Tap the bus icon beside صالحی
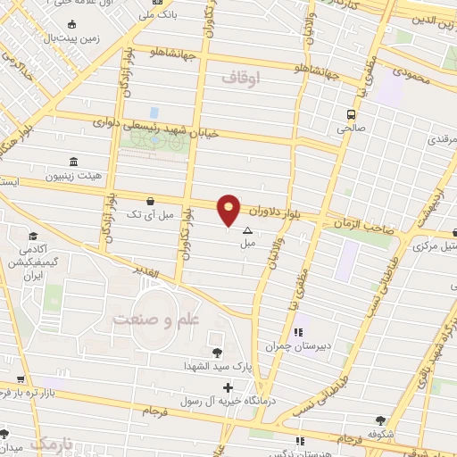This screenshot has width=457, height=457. point(351,114)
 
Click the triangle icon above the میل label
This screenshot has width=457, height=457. point(247,230)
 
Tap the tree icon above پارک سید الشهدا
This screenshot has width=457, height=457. point(218,353)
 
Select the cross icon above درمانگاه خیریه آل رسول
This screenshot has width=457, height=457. point(228,387)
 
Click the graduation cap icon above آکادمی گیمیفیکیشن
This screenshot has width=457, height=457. point(33,237)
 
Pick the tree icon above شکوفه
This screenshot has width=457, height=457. point(382,420)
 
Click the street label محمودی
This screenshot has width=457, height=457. point(410,79)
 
